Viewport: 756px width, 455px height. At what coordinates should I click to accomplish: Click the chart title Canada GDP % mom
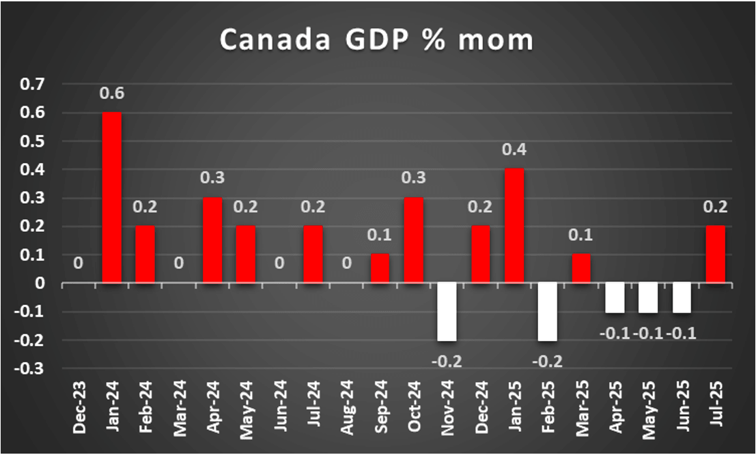(376, 41)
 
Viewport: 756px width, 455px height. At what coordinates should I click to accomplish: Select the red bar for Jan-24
(112, 197)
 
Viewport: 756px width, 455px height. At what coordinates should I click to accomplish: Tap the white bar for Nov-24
(447, 312)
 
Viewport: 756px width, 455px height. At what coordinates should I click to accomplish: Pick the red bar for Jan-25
(514, 226)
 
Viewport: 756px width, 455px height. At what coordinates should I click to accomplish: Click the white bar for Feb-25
(548, 312)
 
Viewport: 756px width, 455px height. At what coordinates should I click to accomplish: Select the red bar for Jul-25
(715, 254)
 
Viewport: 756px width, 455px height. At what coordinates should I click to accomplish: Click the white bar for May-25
(648, 297)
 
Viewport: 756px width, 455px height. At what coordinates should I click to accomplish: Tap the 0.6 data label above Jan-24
(111, 93)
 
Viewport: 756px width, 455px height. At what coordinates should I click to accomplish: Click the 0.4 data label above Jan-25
(514, 149)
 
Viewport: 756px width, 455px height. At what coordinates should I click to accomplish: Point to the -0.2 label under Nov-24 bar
(447, 359)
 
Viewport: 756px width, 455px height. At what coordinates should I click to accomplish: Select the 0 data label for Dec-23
(78, 263)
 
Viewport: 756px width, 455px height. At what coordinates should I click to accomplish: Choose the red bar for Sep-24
(380, 268)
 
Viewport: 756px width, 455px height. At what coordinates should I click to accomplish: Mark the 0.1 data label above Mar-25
(581, 235)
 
